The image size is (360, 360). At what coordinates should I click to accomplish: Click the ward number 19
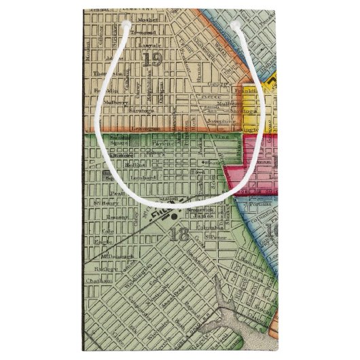[x=153, y=60]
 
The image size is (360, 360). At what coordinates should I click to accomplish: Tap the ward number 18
[x=179, y=235]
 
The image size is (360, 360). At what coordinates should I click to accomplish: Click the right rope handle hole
[x=235, y=24]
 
